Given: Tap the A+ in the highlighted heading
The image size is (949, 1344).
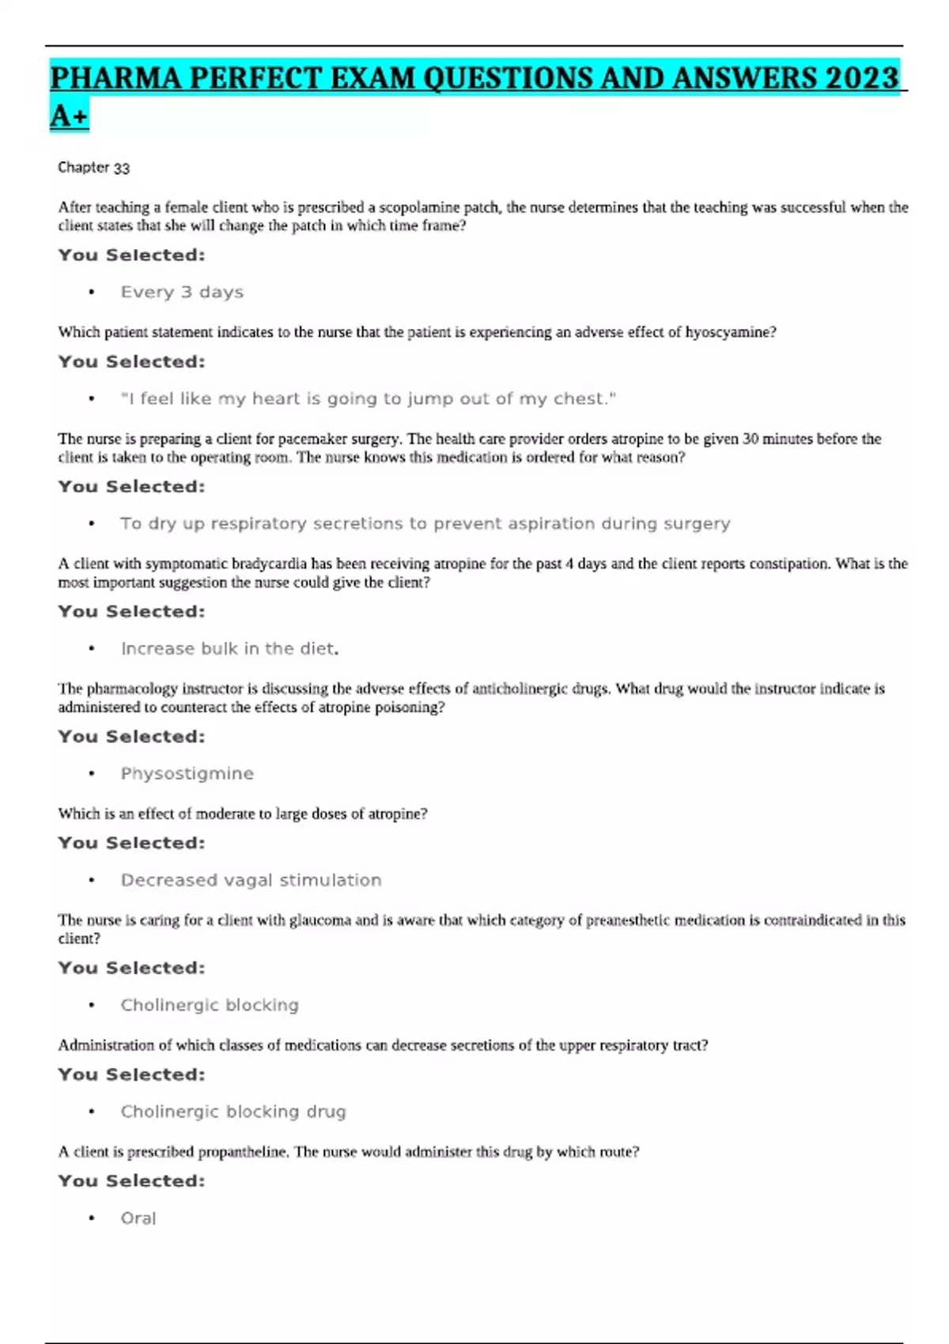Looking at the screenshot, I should coord(69,116).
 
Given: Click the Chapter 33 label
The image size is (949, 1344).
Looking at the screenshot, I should coord(93,168).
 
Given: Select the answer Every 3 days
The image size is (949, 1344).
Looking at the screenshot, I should coord(182,293).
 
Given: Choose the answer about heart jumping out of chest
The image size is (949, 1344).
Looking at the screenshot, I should coord(368,399).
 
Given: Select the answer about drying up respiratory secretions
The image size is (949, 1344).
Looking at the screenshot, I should coord(425,524).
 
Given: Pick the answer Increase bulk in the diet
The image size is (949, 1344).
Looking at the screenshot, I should coord(229,649).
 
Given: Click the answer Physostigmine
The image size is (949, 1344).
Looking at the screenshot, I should coord(187,774).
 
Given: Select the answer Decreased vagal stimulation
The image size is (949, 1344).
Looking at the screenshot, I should coord(251,881).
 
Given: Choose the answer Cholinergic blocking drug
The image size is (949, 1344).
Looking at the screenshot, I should coord(233,1112).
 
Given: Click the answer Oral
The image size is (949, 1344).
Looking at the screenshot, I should coord(138,1219).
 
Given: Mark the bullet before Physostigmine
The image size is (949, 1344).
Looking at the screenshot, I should coord(92,774).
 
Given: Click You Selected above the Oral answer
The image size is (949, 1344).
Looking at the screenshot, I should coord(131,1181).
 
